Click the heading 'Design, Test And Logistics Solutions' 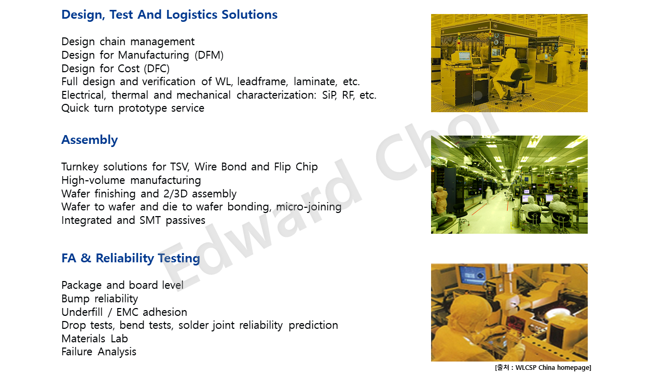[x=169, y=15]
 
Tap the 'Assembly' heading [x=90, y=140]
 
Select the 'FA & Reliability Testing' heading [x=131, y=258]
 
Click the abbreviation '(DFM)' [x=209, y=55]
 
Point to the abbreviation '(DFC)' [x=157, y=69]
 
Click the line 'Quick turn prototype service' [x=133, y=108]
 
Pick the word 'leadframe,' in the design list [x=262, y=82]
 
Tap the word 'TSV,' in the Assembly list [x=180, y=167]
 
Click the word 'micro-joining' [x=309, y=207]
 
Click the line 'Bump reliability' [x=100, y=299]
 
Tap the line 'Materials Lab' [x=94, y=339]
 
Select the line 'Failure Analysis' [x=99, y=352]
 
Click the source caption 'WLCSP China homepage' [x=552, y=368]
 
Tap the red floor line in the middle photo [x=480, y=209]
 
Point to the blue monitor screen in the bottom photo [x=474, y=276]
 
